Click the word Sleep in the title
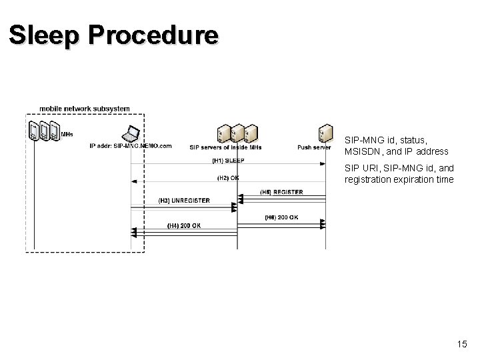(43, 35)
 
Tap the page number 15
(462, 344)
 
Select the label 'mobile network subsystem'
(85, 109)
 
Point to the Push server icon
(325, 133)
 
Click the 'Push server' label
(314, 147)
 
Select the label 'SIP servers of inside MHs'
(226, 147)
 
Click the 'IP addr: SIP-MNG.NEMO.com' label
(131, 146)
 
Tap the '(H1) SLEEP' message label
(228, 161)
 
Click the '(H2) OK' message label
(228, 177)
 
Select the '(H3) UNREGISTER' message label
(184, 201)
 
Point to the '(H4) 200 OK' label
(183, 225)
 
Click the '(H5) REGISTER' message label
(281, 192)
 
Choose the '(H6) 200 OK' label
(281, 217)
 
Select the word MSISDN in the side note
(363, 152)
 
